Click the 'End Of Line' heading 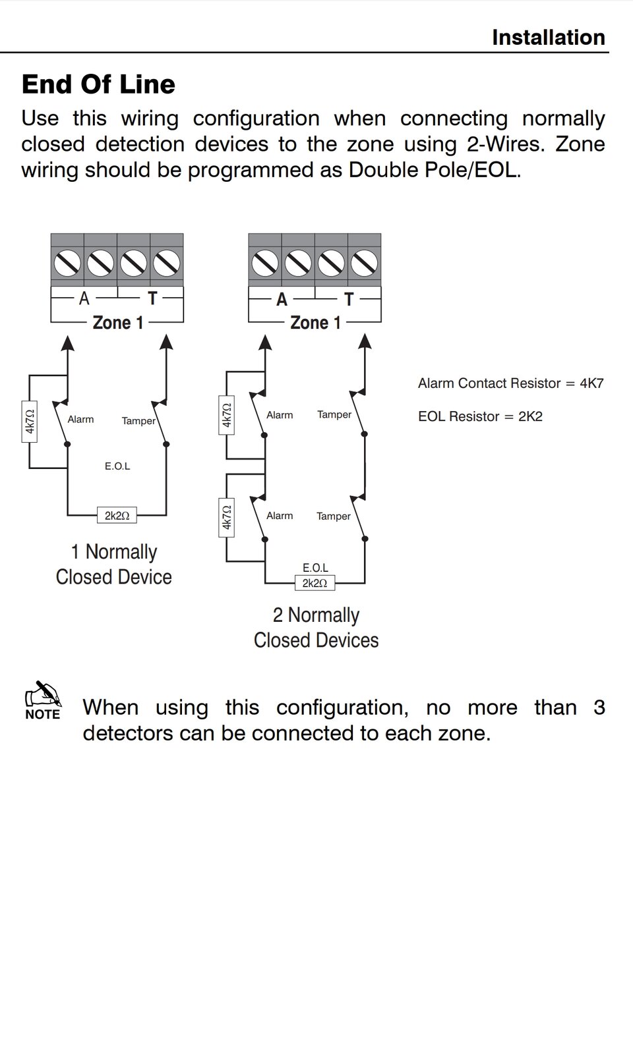click(98, 84)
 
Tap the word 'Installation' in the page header click(548, 38)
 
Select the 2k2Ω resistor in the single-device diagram click(117, 516)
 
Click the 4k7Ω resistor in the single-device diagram click(30, 422)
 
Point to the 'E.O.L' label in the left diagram click(117, 466)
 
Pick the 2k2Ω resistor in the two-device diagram click(315, 583)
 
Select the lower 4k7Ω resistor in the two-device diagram click(227, 517)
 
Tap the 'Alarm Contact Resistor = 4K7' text click(510, 383)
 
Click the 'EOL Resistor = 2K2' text click(480, 416)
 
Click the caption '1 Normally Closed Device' click(113, 565)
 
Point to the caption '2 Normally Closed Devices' click(316, 627)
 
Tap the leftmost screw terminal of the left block click(67, 263)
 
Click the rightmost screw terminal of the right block click(364, 263)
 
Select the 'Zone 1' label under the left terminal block click(117, 323)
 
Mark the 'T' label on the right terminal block click(349, 300)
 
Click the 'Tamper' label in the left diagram click(138, 421)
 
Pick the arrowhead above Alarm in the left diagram click(67, 343)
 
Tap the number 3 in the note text click(599, 707)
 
